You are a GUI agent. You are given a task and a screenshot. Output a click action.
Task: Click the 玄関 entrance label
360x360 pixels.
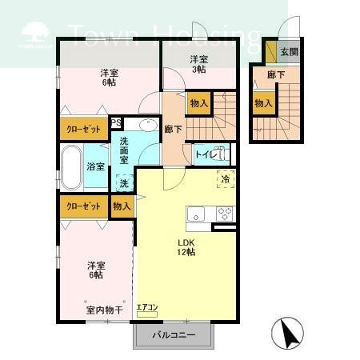tap(289, 53)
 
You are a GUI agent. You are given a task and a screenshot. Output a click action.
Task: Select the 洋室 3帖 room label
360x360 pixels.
tap(200, 63)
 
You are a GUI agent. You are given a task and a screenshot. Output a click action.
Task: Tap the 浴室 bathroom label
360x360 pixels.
tap(95, 166)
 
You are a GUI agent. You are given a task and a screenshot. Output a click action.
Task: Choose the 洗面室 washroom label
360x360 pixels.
tap(126, 150)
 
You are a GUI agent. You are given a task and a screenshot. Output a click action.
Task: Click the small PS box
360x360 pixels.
tap(115, 122)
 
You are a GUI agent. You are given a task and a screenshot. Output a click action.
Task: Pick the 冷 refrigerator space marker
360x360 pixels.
tap(225, 179)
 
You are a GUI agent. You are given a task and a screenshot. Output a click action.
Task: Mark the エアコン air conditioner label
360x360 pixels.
tap(147, 306)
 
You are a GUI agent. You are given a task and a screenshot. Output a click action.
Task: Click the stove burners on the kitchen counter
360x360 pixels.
tap(224, 214)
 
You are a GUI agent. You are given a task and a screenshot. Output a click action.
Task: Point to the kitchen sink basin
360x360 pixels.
tap(197, 214)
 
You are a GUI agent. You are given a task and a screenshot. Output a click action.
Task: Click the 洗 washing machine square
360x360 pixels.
tap(124, 183)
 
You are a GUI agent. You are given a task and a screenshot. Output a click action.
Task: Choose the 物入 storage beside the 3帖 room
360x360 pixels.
tap(199, 102)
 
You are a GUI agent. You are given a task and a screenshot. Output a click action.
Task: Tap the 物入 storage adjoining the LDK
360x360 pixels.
tap(121, 206)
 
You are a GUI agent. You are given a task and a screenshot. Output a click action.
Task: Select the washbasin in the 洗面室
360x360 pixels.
tap(147, 125)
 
